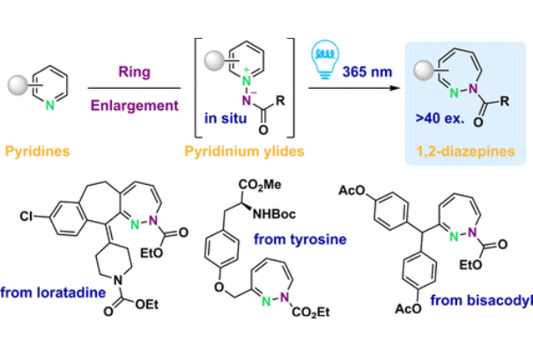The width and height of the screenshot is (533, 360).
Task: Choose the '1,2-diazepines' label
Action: [x=465, y=151]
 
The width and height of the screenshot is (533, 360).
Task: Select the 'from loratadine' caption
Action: [x=52, y=292]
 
